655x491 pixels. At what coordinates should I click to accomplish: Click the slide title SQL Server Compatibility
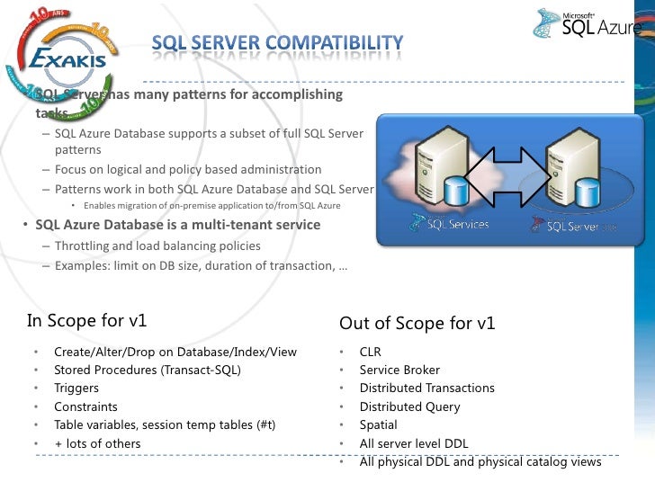[x=276, y=42]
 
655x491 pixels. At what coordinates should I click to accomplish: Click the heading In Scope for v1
[x=87, y=320]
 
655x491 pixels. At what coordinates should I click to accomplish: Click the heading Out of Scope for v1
[x=417, y=323]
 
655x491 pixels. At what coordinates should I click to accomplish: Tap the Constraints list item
[x=85, y=406]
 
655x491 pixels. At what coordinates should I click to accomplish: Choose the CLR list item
[x=370, y=352]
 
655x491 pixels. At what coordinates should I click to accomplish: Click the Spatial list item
[x=378, y=424]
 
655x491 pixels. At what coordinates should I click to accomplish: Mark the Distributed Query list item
[x=409, y=406]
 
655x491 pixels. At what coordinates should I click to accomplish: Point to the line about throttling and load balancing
[x=157, y=245]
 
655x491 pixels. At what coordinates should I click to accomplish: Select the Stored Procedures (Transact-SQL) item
[x=148, y=370]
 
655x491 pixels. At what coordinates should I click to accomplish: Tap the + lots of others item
[x=97, y=443]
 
